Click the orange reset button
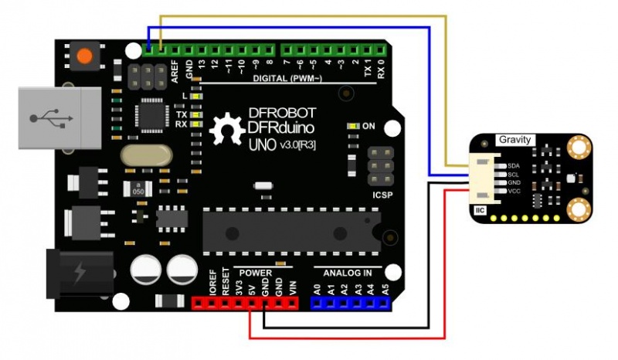(x=84, y=56)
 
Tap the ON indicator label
(x=368, y=126)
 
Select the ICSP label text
(x=382, y=195)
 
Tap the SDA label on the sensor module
(x=513, y=165)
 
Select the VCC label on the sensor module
(x=513, y=190)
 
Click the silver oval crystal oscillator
(x=146, y=155)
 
